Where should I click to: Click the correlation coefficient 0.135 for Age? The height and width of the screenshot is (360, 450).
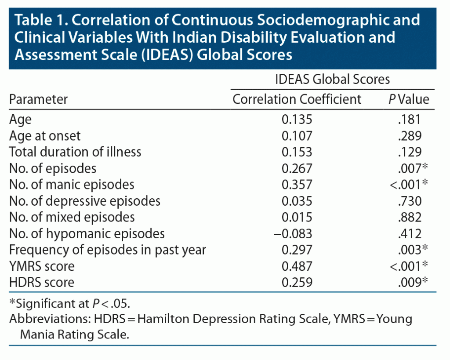click(298, 119)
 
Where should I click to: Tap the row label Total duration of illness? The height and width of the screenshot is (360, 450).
click(76, 152)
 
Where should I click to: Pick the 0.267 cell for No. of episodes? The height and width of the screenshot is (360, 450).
click(298, 168)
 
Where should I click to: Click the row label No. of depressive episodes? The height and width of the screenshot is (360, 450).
click(85, 201)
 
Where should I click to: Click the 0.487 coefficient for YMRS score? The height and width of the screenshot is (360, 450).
click(298, 266)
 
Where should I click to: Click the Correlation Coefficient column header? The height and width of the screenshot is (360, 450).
click(297, 99)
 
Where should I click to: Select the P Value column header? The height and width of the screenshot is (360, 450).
click(408, 99)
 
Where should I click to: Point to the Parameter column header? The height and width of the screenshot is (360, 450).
click(39, 99)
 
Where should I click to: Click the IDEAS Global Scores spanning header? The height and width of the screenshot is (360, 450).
click(332, 80)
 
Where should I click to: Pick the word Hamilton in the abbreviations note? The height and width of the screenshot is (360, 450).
click(174, 319)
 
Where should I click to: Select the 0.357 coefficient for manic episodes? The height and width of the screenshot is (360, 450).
click(298, 184)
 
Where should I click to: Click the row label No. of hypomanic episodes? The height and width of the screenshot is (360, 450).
click(87, 233)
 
